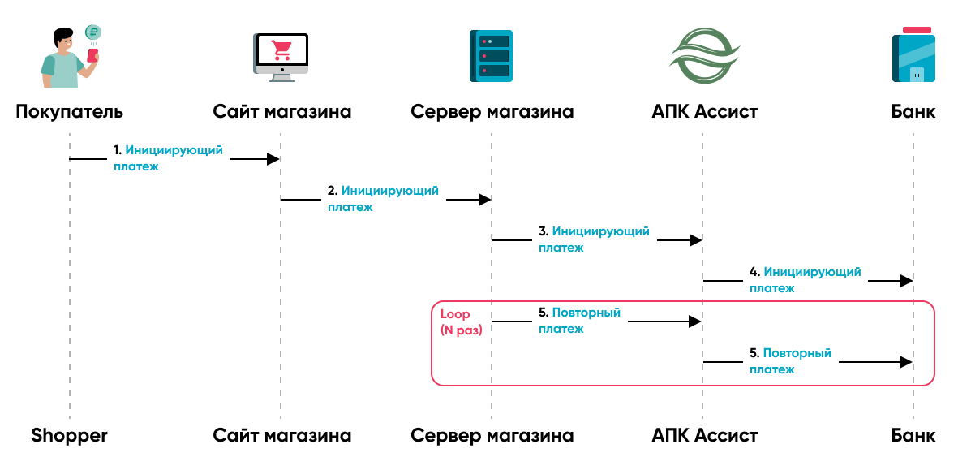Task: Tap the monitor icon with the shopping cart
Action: click(281, 57)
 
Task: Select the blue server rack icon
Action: click(491, 56)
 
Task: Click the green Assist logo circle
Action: click(703, 54)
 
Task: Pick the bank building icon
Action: click(913, 55)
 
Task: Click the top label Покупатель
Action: click(70, 111)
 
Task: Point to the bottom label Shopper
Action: click(70, 435)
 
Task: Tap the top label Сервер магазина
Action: click(492, 111)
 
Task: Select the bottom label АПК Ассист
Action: click(704, 435)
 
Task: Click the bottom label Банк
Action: click(913, 435)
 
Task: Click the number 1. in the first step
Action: click(118, 150)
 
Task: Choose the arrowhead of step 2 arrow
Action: click(484, 200)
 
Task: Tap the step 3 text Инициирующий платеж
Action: click(594, 239)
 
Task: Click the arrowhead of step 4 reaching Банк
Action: click(907, 281)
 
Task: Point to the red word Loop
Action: click(455, 313)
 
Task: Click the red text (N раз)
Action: click(462, 330)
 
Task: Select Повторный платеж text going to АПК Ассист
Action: click(579, 321)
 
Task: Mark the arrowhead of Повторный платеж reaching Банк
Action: click(907, 362)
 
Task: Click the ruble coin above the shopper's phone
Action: click(92, 33)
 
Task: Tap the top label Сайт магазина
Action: click(281, 111)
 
